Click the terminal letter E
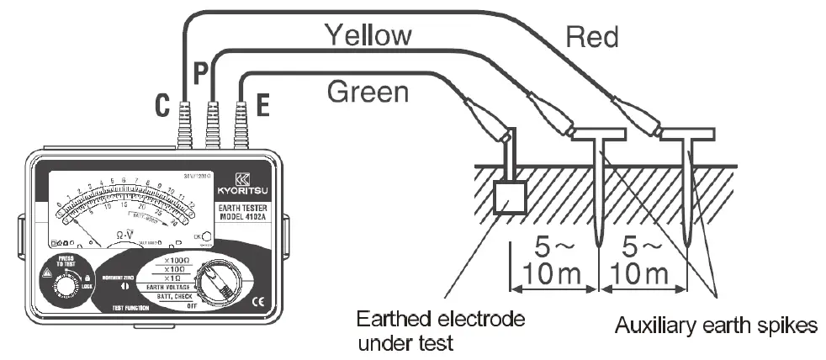click(x=262, y=105)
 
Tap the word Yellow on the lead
click(x=368, y=35)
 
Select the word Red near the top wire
click(x=592, y=36)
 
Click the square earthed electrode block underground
click(x=507, y=199)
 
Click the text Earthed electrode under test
click(x=441, y=331)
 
